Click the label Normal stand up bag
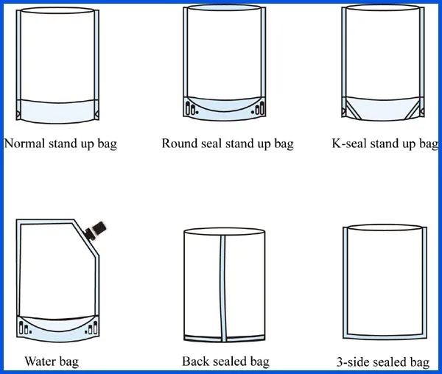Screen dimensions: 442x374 pyautogui.click(x=60, y=144)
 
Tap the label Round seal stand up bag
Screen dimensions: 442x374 pyautogui.click(x=227, y=144)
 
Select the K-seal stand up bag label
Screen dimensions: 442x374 pyautogui.click(x=385, y=144)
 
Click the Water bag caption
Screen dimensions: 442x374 pyautogui.click(x=52, y=361)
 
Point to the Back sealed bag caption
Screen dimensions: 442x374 pyautogui.click(x=225, y=361)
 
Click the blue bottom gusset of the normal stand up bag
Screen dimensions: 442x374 pyautogui.click(x=58, y=110)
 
